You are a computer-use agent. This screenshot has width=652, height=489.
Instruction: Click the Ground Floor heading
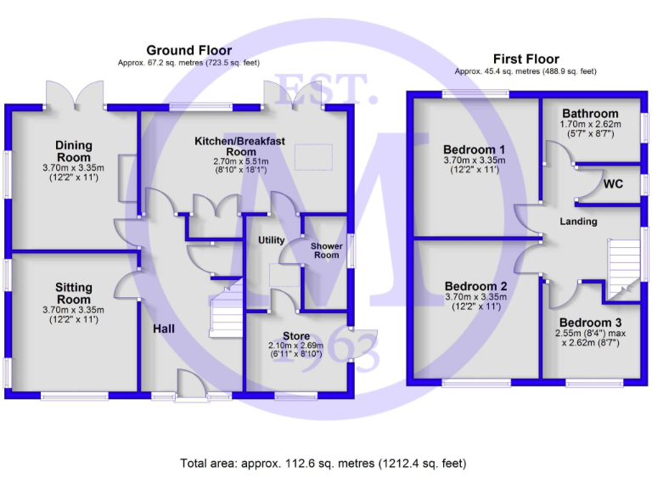(188, 50)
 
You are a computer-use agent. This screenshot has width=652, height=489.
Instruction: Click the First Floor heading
(526, 59)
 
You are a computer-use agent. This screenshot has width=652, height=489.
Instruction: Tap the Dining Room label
(74, 151)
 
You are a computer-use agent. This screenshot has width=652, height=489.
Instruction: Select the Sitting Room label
(74, 294)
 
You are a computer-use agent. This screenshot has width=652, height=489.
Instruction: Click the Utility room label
(272, 240)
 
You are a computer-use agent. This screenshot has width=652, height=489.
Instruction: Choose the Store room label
(296, 336)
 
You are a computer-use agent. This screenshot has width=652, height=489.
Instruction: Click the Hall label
(165, 328)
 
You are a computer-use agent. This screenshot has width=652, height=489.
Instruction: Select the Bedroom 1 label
(474, 149)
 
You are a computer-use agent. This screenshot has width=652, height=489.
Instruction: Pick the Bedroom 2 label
(475, 286)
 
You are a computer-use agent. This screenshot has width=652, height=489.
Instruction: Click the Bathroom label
(590, 114)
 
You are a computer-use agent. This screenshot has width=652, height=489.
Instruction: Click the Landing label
(578, 222)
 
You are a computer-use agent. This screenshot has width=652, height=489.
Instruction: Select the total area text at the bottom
(323, 464)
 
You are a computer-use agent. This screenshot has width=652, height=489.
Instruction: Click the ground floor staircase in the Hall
(226, 315)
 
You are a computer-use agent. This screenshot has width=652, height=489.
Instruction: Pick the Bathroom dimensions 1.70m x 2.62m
(590, 126)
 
